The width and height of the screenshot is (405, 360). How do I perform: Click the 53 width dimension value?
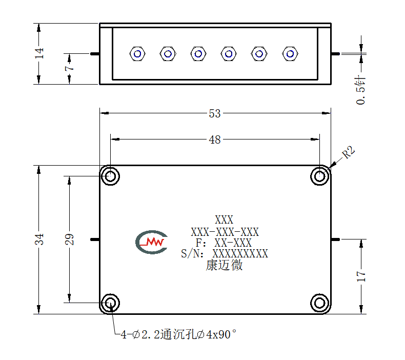click(215, 113)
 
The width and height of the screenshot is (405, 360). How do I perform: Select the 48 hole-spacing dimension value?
click(215, 140)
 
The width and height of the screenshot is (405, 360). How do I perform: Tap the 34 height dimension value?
click(39, 239)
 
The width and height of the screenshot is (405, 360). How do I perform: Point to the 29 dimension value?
click(70, 239)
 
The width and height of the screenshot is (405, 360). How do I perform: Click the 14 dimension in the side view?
click(39, 53)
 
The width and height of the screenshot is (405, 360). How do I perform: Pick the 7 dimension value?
click(70, 68)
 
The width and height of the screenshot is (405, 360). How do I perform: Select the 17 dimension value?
click(361, 276)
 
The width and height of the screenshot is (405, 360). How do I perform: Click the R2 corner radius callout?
click(349, 152)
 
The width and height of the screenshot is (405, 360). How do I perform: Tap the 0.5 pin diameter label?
click(361, 90)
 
